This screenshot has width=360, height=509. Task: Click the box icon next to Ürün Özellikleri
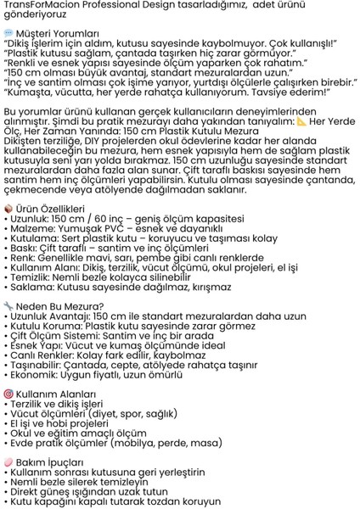click(8, 208)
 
